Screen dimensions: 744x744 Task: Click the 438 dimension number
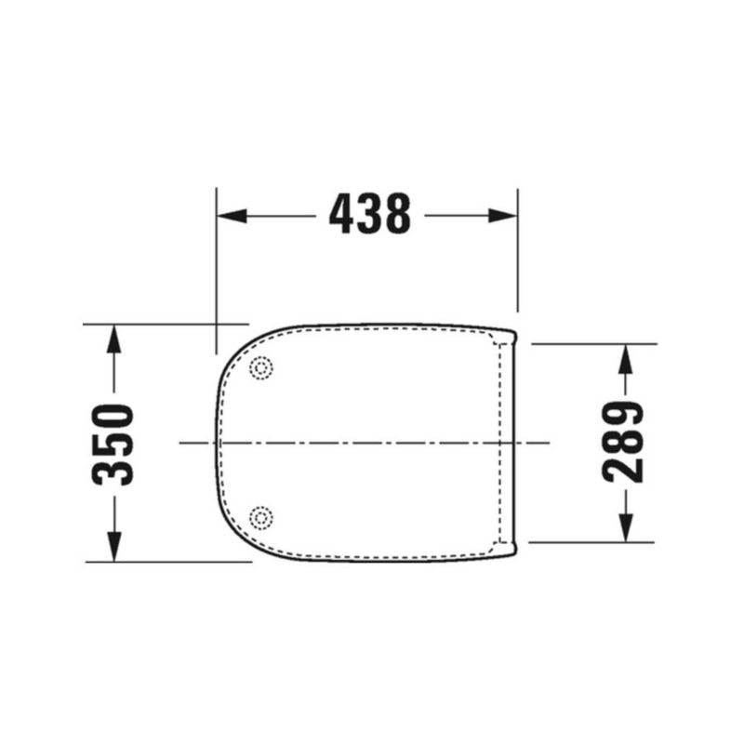(369, 214)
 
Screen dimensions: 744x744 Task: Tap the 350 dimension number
(113, 445)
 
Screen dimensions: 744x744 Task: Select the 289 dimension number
(622, 443)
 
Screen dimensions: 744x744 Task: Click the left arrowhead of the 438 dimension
(232, 216)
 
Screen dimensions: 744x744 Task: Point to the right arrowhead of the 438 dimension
(502, 216)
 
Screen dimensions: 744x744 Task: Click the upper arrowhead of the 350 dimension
(113, 339)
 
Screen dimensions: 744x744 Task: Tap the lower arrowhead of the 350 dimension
(113, 547)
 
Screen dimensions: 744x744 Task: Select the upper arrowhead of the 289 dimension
(626, 358)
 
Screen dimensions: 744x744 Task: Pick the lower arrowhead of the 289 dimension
(626, 527)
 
